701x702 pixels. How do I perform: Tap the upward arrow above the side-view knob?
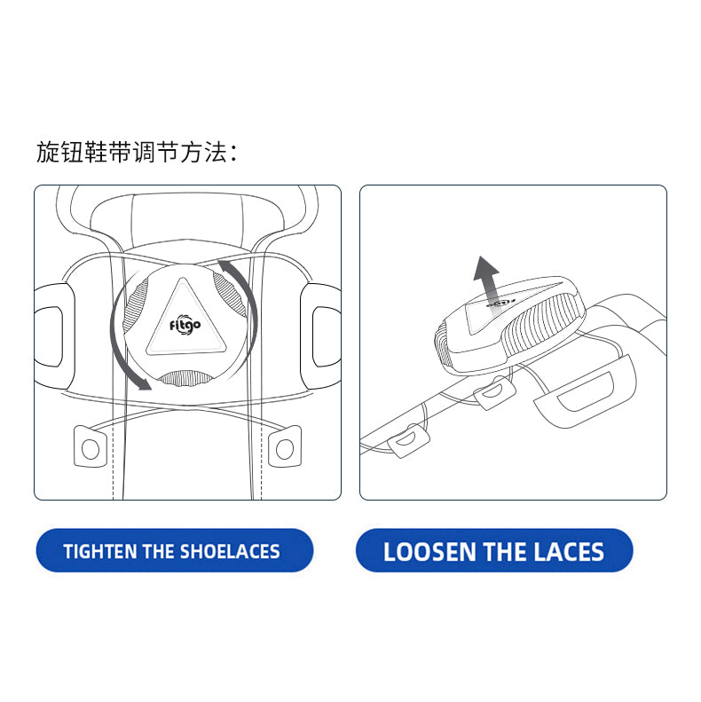tap(486, 278)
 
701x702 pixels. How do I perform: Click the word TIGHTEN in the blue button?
tap(99, 551)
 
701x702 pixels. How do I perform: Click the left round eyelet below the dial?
tap(91, 449)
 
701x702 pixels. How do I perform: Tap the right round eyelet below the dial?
tap(285, 449)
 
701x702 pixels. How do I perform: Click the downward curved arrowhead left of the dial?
tap(144, 383)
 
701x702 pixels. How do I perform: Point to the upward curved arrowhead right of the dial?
tap(225, 265)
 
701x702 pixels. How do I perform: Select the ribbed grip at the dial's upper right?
tap(229, 293)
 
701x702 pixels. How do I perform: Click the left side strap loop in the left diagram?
tap(51, 335)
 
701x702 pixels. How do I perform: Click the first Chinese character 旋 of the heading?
tap(48, 153)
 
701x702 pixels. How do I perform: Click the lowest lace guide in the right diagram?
tap(408, 441)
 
